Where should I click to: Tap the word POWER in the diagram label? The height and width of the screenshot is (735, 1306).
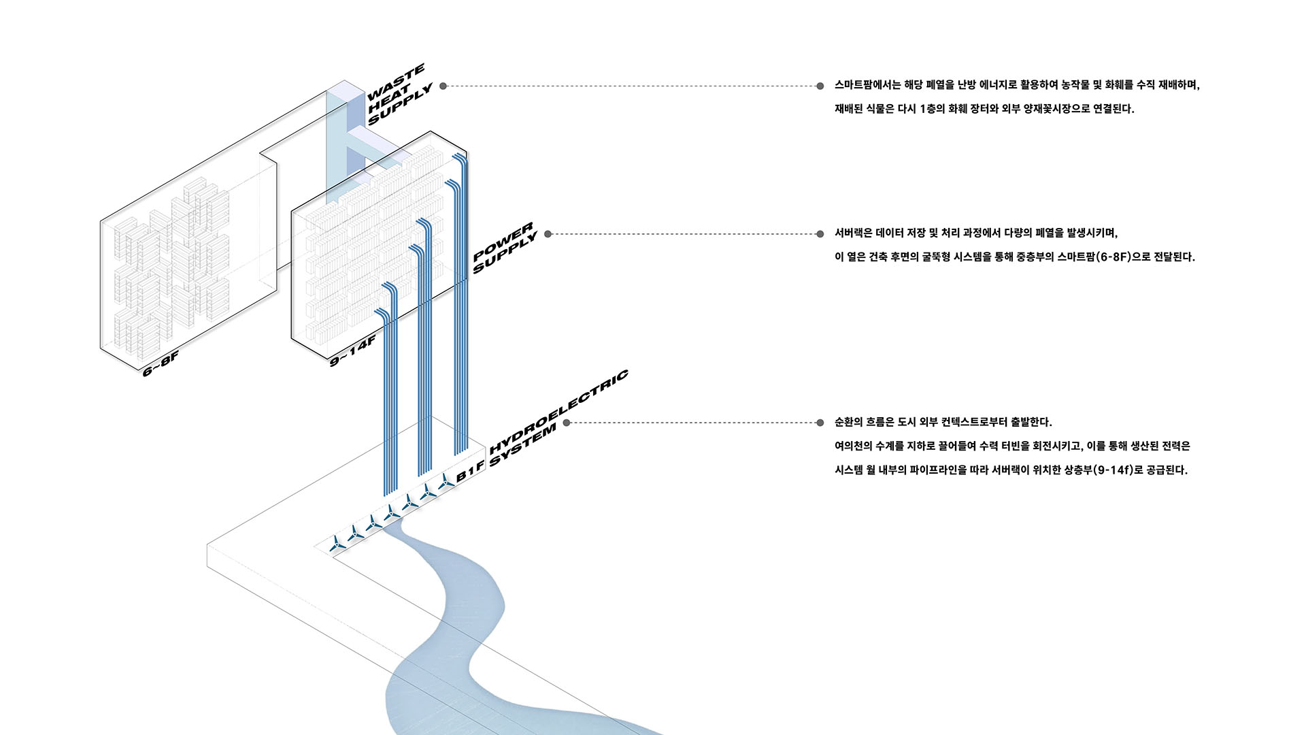[503, 241]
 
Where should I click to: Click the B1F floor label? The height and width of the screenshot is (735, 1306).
[471, 470]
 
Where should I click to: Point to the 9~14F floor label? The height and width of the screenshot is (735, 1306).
[352, 351]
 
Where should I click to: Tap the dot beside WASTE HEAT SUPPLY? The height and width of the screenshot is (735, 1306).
[443, 86]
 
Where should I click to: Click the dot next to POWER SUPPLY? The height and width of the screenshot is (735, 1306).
[548, 234]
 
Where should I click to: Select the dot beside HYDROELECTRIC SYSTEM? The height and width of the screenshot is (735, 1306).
[567, 423]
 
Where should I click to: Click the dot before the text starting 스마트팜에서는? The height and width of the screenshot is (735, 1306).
[820, 86]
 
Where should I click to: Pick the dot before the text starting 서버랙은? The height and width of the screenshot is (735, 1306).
[820, 234]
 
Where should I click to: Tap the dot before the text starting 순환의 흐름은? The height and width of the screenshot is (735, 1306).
[820, 423]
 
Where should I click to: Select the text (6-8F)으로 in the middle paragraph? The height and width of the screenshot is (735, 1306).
[1124, 257]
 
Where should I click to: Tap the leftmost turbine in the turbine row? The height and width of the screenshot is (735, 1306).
[336, 544]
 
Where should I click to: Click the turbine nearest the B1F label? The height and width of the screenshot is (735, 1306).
[446, 483]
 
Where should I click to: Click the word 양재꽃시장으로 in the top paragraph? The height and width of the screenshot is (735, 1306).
[1056, 109]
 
